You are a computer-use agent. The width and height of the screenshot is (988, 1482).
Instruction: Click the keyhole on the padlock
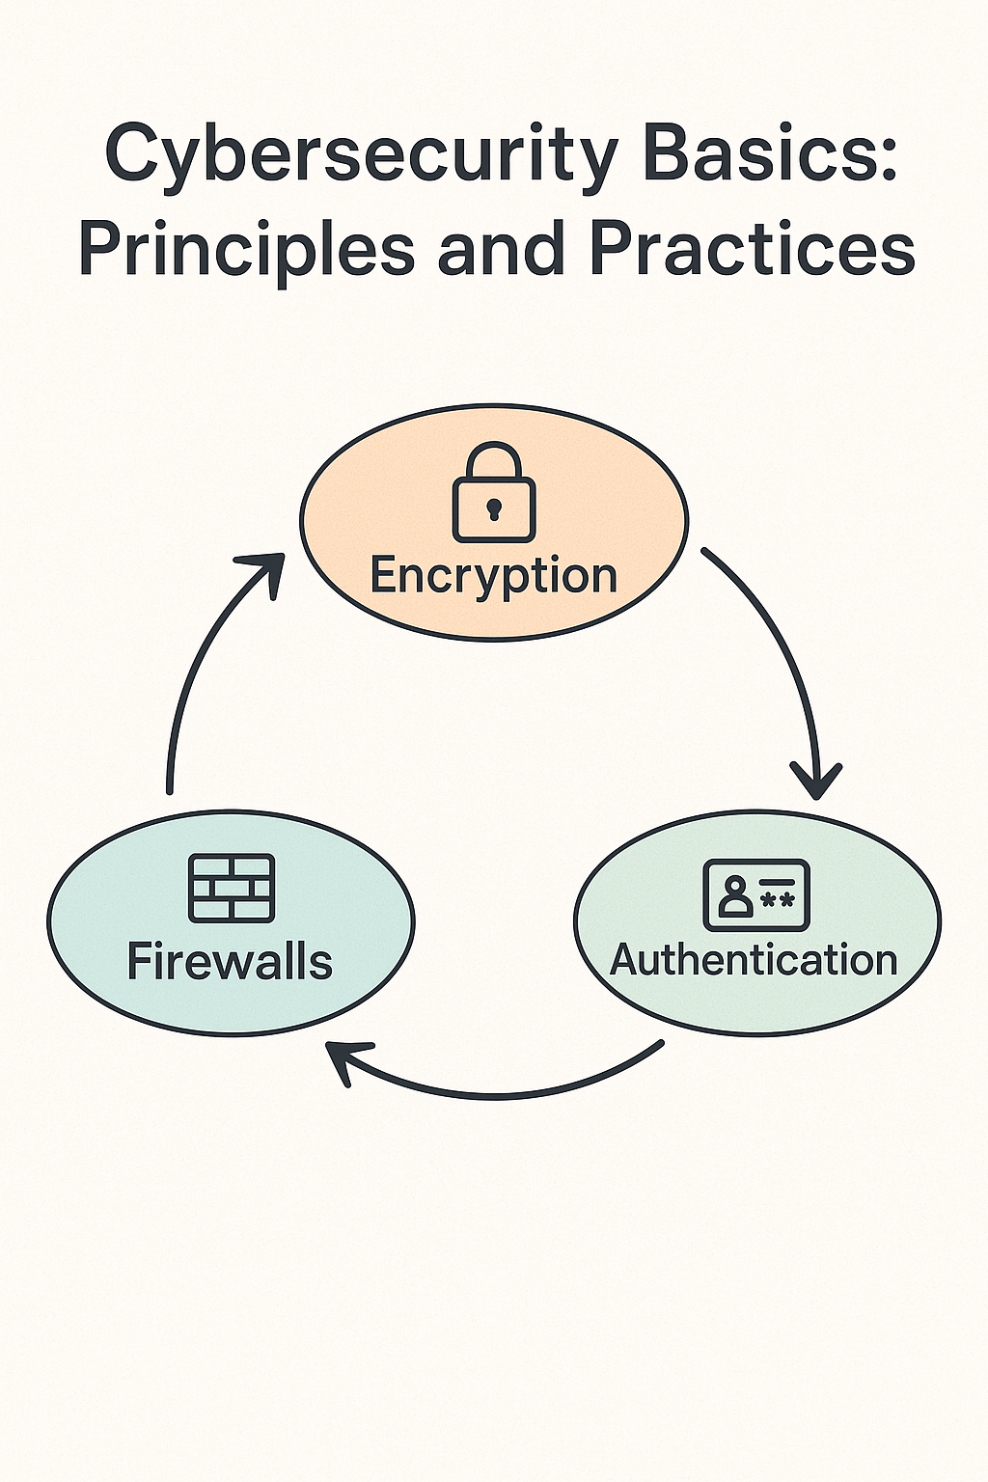tap(493, 507)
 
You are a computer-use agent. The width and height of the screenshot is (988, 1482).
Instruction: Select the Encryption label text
tap(493, 575)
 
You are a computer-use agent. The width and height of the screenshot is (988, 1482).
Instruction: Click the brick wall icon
tap(231, 888)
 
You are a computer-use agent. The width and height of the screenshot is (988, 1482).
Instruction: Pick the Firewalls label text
tap(230, 961)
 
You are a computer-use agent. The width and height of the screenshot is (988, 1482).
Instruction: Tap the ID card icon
tap(756, 894)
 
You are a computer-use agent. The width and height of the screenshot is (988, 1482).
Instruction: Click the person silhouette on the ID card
tap(735, 896)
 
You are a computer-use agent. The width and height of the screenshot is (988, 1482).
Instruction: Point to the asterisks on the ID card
tap(778, 900)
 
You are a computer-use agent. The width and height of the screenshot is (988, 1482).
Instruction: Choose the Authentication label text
tap(755, 960)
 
